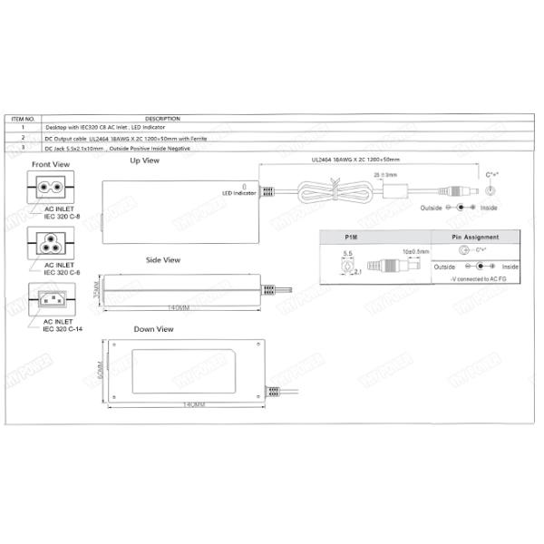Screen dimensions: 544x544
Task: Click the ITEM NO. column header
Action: click(24, 119)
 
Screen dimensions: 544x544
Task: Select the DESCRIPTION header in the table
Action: click(161, 119)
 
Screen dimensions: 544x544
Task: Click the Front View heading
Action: click(51, 164)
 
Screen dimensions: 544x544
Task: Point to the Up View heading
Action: click(144, 160)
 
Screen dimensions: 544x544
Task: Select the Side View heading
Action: click(163, 260)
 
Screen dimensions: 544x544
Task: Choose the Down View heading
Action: click(153, 329)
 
